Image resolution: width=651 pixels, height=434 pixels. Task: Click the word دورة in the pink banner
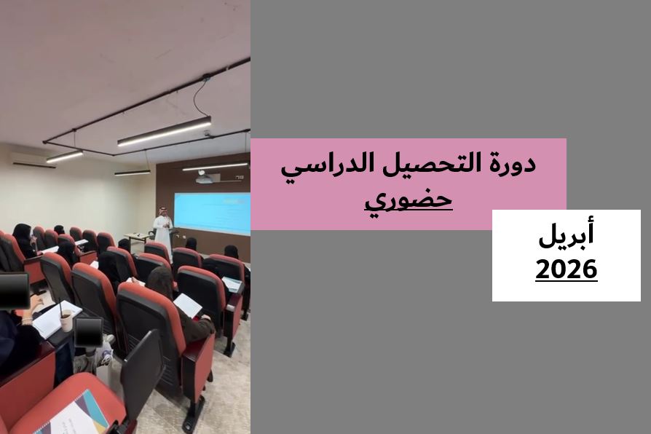tap(510, 163)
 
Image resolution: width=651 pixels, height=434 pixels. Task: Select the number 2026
tap(566, 269)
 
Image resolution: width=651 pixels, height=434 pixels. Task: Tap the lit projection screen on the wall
tap(211, 213)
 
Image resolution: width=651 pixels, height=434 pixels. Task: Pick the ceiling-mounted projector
tap(205, 178)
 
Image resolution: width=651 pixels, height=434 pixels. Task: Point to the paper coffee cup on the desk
tap(66, 320)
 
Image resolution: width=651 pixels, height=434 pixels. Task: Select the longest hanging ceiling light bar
tap(165, 131)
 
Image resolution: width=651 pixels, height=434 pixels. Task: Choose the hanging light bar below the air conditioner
tap(65, 156)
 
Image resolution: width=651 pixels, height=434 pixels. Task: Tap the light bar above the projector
tap(215, 166)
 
